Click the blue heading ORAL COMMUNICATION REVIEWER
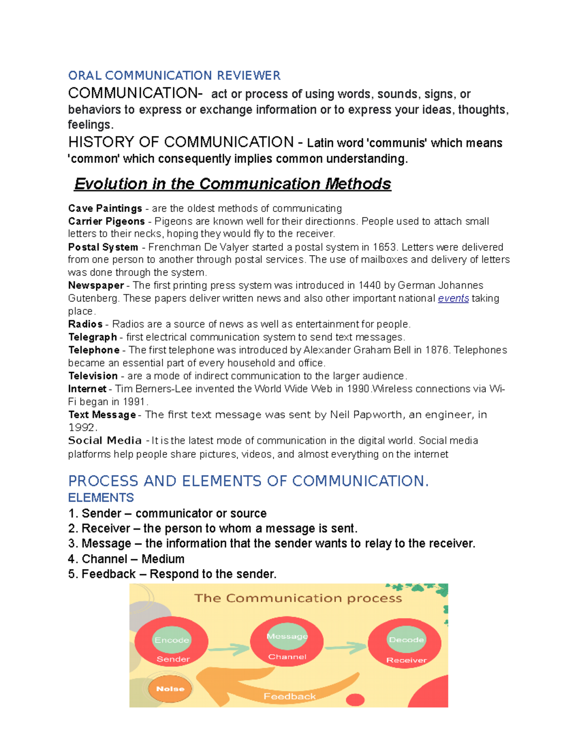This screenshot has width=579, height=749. click(174, 76)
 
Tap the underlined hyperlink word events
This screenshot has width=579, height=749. click(453, 299)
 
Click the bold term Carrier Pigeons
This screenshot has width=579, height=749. click(106, 221)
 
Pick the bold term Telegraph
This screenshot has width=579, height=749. click(93, 337)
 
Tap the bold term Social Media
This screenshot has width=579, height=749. click(105, 441)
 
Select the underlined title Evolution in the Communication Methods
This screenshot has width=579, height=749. click(233, 184)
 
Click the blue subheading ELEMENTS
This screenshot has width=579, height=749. click(101, 498)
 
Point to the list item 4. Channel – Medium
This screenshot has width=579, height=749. click(126, 559)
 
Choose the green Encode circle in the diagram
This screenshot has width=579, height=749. click(172, 640)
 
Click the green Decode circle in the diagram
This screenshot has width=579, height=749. click(406, 640)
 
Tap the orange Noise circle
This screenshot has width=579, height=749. click(170, 689)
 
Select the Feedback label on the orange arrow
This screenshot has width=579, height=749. click(289, 696)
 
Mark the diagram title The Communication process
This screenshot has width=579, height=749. click(298, 599)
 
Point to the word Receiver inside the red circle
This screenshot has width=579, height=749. click(406, 660)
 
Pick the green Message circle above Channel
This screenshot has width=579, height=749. click(287, 637)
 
